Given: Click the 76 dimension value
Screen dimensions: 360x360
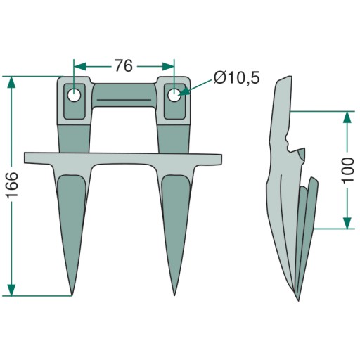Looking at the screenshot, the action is pos(124,65).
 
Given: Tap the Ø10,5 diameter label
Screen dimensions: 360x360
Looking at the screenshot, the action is pos(236,77).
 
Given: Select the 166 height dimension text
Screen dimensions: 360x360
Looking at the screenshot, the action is pos(13,185).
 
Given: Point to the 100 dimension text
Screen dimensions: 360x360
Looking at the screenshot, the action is pos(348,170).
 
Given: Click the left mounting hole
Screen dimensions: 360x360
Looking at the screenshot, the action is pos(74,96).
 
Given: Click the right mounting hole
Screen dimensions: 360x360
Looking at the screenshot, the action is pos(174,96).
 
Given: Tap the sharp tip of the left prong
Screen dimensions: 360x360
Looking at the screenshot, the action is pos(72,295).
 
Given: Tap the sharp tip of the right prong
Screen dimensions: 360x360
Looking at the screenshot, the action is pos(174,295).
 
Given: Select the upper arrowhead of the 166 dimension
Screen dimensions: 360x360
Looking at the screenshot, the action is pos(11,82).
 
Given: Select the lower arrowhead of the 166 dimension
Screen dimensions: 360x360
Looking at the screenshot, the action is pos(11,290).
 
